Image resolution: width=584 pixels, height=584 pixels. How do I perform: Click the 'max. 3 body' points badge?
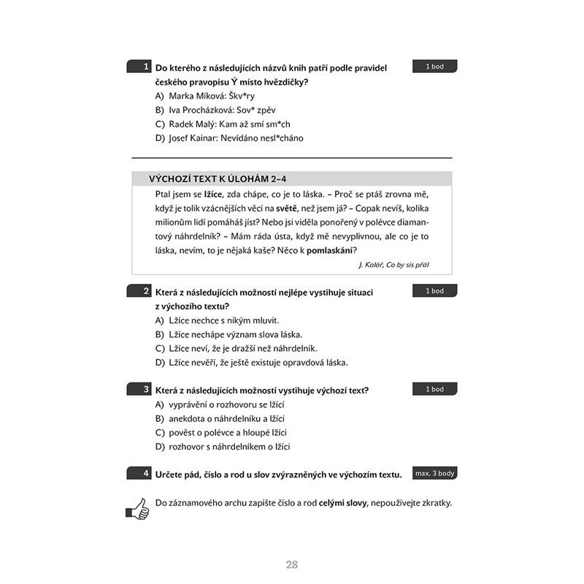434,473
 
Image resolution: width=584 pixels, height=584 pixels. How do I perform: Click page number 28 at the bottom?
292,564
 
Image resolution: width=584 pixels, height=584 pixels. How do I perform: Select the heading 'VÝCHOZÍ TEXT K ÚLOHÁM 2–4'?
222,178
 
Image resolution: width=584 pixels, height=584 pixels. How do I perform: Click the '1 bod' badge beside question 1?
434,66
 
